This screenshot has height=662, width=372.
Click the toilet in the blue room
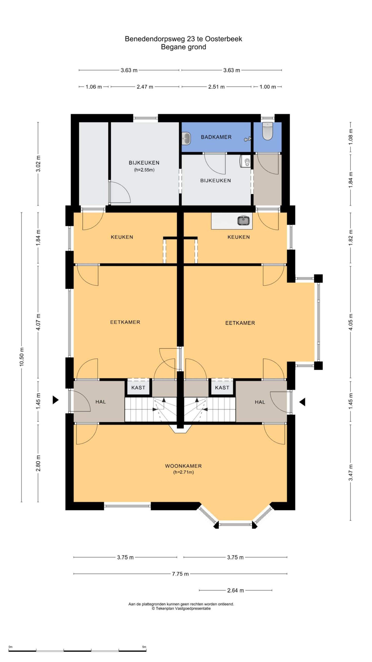(267, 131)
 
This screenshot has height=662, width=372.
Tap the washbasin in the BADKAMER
(186, 138)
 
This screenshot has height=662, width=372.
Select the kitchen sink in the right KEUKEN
(243, 221)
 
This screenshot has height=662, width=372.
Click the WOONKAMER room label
(183, 466)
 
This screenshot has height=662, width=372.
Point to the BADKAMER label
(216, 137)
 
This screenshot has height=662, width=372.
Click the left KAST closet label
(138, 387)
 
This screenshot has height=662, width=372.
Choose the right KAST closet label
(222, 387)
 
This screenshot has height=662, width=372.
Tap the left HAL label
(100, 402)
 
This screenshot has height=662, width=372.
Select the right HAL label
(260, 402)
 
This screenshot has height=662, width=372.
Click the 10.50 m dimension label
(21, 357)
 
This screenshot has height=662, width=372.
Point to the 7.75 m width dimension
(180, 574)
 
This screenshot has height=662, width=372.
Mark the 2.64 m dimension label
(236, 590)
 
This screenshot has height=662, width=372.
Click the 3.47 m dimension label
(351, 472)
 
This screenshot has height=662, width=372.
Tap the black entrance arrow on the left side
(56, 400)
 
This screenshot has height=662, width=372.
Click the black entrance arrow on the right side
(302, 402)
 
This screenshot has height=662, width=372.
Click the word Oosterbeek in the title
(224, 39)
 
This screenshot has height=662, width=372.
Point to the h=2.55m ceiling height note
(144, 170)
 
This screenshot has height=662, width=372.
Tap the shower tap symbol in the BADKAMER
(247, 139)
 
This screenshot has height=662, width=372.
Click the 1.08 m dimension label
(351, 137)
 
